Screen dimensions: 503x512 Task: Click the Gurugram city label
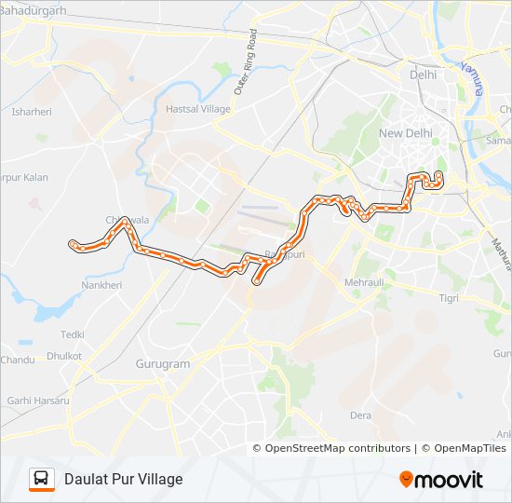[x=163, y=363]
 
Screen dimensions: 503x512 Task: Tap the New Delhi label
[x=405, y=133]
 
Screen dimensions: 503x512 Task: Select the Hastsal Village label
[x=197, y=109]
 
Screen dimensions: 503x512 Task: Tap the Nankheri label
[x=101, y=285]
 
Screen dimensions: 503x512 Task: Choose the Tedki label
[x=73, y=333]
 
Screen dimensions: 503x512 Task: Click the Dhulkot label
[x=64, y=356]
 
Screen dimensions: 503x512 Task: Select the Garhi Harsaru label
[x=38, y=401]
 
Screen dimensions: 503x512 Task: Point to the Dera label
[x=360, y=415]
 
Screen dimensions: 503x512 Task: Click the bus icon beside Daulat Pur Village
[x=41, y=479]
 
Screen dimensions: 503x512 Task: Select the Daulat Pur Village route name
[x=124, y=479]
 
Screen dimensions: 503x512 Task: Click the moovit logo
[x=441, y=480]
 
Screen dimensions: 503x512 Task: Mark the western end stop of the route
[x=73, y=244]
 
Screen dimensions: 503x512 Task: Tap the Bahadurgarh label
[x=34, y=10]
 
